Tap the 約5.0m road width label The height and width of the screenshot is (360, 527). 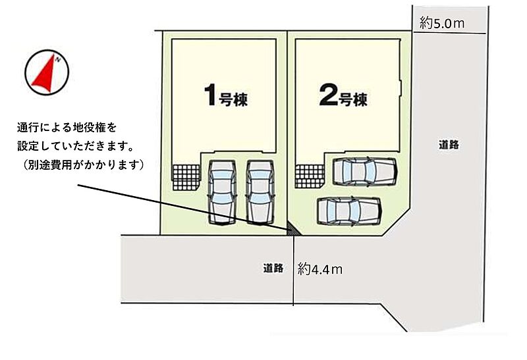[x=442, y=23]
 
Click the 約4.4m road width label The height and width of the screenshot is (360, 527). [x=319, y=269]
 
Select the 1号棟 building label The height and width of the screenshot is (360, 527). [x=226, y=95]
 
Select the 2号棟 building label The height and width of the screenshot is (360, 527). [x=343, y=95]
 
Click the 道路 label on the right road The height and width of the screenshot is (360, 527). [x=449, y=145]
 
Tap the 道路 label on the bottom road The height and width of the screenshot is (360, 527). [x=273, y=268]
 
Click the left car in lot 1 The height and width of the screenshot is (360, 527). [x=222, y=192]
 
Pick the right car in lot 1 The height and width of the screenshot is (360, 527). [x=260, y=192]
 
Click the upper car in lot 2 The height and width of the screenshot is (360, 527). [x=365, y=171]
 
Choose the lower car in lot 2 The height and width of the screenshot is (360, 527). [x=350, y=211]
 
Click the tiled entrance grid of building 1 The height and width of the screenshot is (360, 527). [x=186, y=177]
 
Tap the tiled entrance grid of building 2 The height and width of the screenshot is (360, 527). [x=310, y=176]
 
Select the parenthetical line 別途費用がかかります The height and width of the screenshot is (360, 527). [x=84, y=165]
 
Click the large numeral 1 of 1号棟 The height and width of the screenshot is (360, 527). [x=210, y=95]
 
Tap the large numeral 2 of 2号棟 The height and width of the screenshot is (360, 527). [x=328, y=95]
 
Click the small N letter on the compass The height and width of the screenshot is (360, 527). [x=58, y=60]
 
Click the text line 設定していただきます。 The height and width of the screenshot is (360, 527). [x=75, y=146]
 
